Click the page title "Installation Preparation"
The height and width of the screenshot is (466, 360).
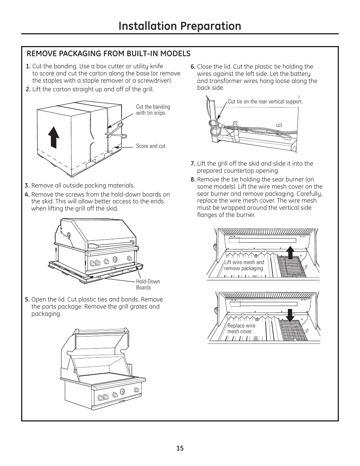(180, 26)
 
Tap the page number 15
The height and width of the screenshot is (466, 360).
(180, 448)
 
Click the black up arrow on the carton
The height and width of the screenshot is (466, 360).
(54, 137)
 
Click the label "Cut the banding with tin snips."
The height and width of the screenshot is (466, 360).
(153, 110)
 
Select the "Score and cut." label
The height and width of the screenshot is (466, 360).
(151, 146)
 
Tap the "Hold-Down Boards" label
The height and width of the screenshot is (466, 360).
(148, 285)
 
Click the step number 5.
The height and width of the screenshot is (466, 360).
(27, 300)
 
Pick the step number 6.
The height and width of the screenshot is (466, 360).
(193, 67)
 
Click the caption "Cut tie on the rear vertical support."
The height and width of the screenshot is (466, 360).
(265, 102)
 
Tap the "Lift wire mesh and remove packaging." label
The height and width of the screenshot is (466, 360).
(244, 265)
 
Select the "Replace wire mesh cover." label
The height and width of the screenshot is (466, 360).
(241, 328)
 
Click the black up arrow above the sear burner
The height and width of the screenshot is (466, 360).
(290, 252)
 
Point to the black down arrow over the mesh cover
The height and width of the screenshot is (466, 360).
(290, 316)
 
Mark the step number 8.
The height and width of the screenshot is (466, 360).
(193, 180)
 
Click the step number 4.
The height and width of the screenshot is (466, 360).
(27, 195)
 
